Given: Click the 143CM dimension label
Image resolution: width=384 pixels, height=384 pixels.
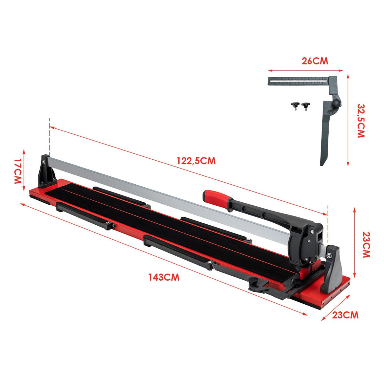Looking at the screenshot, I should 164,277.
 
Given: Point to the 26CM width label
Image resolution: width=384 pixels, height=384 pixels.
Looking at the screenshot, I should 315,61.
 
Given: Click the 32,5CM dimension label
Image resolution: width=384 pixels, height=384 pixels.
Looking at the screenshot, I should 361,121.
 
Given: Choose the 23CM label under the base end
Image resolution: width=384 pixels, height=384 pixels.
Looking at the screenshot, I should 345,315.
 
